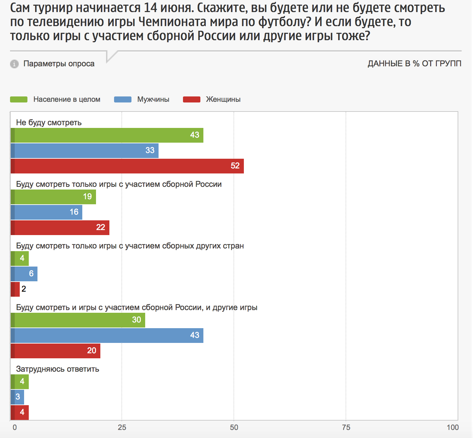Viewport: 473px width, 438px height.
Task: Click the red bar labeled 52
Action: [127, 166]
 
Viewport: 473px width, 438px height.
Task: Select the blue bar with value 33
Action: [84, 151]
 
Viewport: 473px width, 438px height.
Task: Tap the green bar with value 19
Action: [53, 197]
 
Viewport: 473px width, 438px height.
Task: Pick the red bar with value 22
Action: [60, 228]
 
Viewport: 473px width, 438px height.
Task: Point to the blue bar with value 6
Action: [24, 274]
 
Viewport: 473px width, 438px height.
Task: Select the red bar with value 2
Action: [15, 289]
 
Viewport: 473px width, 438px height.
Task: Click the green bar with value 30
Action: [78, 320]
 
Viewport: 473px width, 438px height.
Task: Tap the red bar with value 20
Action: [55, 351]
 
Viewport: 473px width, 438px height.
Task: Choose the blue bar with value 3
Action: [17, 397]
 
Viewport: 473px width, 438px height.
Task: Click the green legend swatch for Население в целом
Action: [19, 99]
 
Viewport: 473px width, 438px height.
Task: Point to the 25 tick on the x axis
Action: [122, 427]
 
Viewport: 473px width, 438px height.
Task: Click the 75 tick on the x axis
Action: [346, 427]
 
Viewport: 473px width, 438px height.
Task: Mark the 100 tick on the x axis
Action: [453, 427]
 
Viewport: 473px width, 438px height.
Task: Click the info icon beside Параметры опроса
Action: [14, 64]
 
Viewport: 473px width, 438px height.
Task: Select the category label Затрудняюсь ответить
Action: [58, 369]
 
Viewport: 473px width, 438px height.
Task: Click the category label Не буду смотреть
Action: [49, 123]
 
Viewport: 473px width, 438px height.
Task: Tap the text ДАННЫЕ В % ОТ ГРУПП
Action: [414, 64]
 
